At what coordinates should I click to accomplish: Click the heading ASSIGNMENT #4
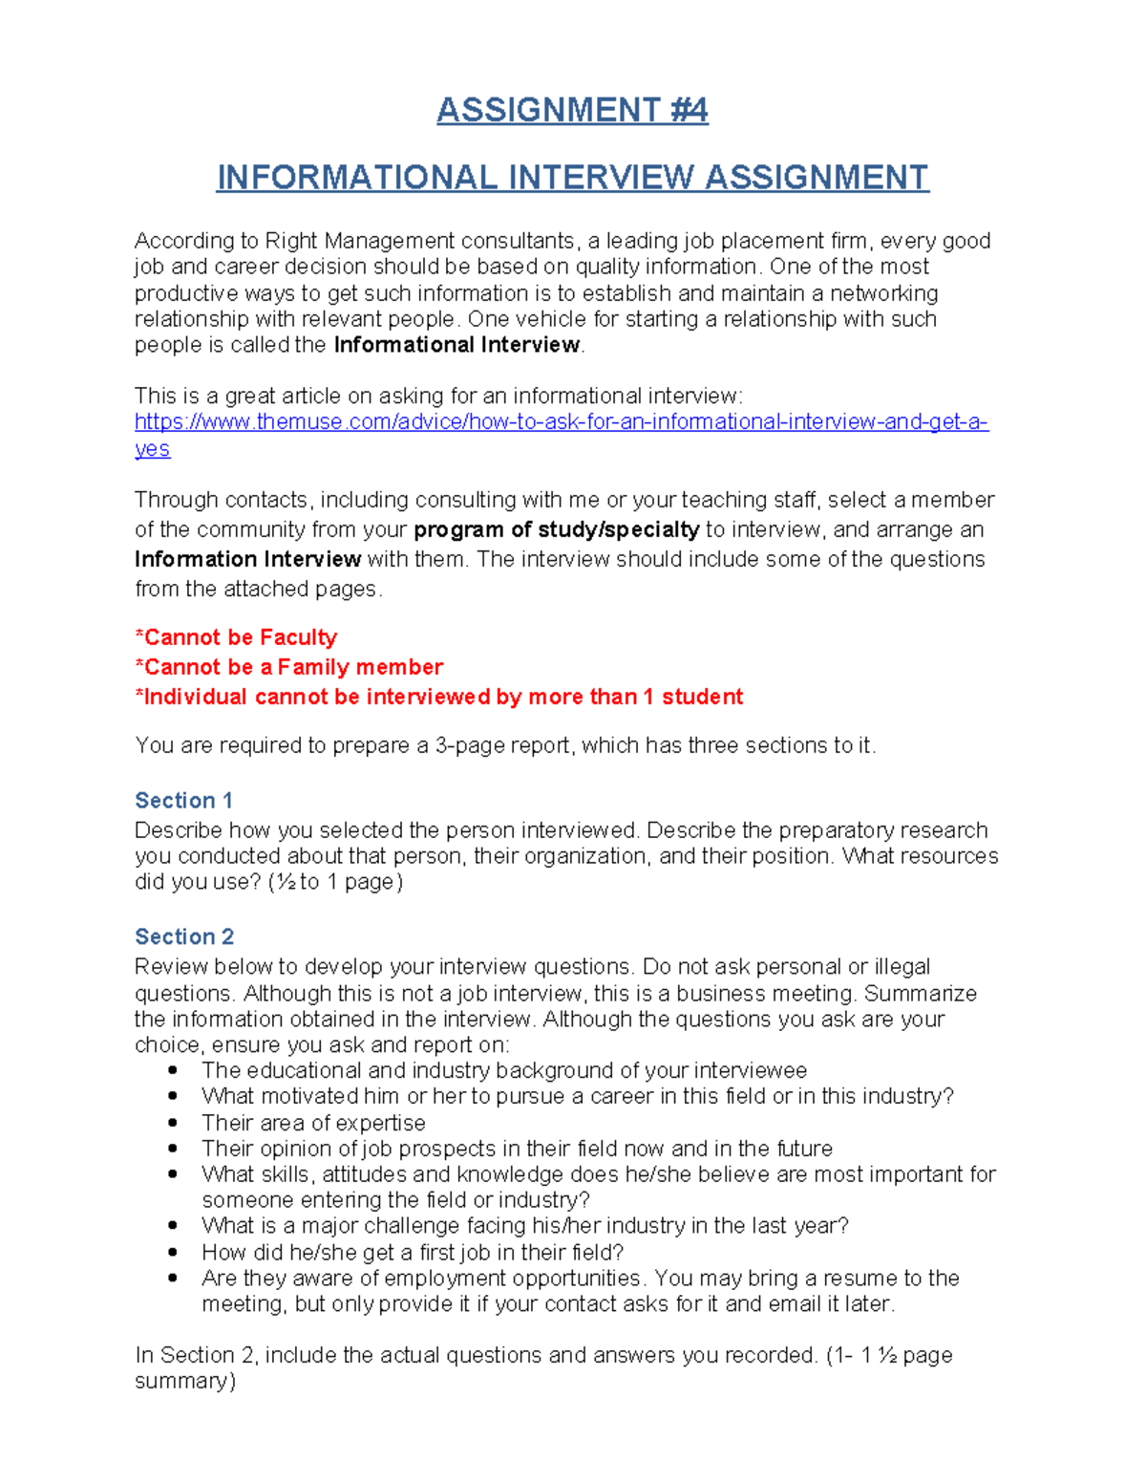[x=572, y=110]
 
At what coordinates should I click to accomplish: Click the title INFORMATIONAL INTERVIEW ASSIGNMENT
[x=572, y=177]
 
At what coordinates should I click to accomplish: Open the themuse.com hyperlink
[x=561, y=422]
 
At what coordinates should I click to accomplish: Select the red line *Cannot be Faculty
[x=236, y=637]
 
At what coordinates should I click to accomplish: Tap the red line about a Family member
[x=289, y=667]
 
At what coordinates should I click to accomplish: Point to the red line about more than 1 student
[x=438, y=697]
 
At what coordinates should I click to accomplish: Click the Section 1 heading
[x=184, y=801]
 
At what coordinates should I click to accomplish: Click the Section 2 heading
[x=184, y=936]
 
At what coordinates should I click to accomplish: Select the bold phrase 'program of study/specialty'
[x=556, y=529]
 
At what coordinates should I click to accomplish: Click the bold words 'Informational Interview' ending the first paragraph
[x=456, y=345]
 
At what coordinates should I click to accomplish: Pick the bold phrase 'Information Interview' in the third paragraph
[x=247, y=559]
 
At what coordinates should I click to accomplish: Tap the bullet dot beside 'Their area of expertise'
[x=173, y=1123]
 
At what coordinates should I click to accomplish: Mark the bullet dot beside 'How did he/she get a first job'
[x=173, y=1252]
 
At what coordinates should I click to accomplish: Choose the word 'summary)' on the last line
[x=185, y=1381]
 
